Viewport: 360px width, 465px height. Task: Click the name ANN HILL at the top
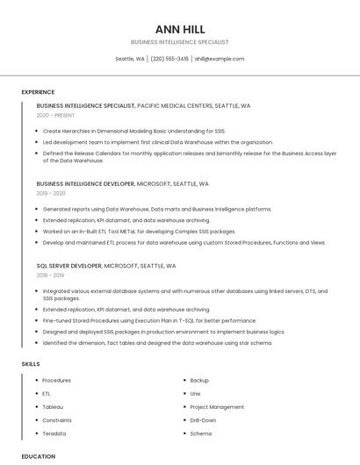(x=179, y=29)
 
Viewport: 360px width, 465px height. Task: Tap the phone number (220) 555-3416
(x=169, y=59)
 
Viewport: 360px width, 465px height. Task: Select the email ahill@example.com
(x=220, y=59)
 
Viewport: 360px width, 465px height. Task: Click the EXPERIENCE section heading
(x=38, y=92)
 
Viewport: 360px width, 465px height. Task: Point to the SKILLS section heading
(x=31, y=364)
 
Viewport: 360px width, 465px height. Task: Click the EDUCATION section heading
(x=38, y=456)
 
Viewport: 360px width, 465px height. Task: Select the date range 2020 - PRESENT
(x=55, y=115)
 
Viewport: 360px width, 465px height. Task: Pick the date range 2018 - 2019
(x=51, y=275)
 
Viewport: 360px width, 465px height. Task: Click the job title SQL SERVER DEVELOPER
(x=69, y=265)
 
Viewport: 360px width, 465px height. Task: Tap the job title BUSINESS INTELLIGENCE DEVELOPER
(x=85, y=184)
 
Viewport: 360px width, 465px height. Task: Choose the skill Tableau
(x=53, y=407)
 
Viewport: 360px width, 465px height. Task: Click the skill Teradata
(x=54, y=433)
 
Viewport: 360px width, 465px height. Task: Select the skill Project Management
(x=217, y=407)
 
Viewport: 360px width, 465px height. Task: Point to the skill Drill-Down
(x=203, y=420)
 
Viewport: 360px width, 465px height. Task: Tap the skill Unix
(x=195, y=394)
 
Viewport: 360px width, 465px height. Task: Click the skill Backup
(x=199, y=381)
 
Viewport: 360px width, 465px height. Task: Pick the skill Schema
(x=200, y=433)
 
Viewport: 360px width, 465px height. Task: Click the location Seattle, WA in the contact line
(x=130, y=59)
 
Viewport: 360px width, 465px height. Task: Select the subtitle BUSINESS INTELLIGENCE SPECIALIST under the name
(x=179, y=42)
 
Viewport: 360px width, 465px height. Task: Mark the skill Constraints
(x=57, y=420)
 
